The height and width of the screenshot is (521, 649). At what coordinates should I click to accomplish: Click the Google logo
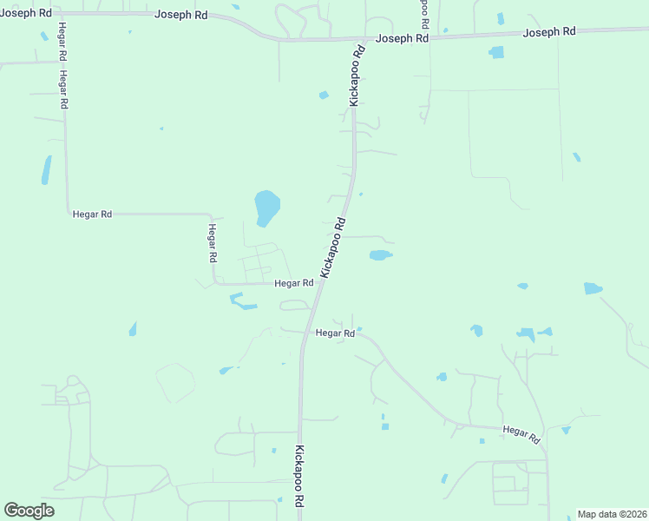(x=29, y=511)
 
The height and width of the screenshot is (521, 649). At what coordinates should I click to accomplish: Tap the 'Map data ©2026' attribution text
(x=611, y=514)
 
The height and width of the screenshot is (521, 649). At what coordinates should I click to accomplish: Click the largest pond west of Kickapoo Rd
(x=266, y=207)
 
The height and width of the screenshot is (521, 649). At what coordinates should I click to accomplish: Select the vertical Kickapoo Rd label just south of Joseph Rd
(x=356, y=76)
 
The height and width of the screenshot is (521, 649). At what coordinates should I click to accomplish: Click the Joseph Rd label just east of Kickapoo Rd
(x=402, y=39)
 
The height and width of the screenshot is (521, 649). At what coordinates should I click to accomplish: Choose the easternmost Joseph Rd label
(x=549, y=32)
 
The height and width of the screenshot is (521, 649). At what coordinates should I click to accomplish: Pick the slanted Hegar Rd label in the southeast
(x=521, y=432)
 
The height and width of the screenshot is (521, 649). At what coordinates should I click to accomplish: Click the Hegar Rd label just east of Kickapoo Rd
(x=335, y=333)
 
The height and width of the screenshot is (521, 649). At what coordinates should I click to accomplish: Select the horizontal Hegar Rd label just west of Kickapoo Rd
(x=293, y=283)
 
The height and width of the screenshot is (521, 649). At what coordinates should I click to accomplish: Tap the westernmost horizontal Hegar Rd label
(x=92, y=214)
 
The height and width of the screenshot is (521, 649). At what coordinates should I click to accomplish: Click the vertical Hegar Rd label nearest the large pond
(x=212, y=243)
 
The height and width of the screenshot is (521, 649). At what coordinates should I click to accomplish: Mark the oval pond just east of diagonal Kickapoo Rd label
(x=380, y=255)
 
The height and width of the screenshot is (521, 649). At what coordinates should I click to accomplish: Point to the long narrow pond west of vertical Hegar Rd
(x=46, y=169)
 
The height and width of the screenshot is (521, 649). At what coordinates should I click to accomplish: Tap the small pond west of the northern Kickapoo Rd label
(x=324, y=95)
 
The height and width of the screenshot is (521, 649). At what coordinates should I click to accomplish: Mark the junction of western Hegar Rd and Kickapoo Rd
(x=317, y=284)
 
